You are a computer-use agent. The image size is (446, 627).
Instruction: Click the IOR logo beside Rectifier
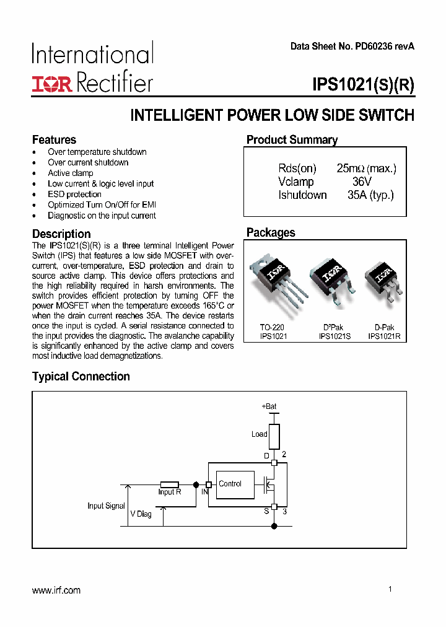coord(52,84)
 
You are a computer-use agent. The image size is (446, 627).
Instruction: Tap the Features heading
coord(54,139)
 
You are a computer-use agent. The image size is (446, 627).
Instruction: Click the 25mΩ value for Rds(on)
coord(351,168)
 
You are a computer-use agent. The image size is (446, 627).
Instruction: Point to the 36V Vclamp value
coord(361,182)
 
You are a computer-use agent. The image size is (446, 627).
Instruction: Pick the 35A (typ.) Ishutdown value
coord(370,195)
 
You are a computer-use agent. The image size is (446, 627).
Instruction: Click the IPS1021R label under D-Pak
coord(384,336)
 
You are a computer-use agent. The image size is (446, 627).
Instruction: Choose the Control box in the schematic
coord(236,484)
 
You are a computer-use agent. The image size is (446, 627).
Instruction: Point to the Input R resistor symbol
coord(169,484)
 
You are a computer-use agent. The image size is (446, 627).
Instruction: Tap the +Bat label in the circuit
coord(269,406)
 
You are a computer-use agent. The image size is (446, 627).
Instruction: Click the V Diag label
coord(141,514)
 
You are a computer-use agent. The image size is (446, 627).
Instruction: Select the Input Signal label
coord(106,506)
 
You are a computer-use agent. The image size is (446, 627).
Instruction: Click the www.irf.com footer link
coord(56,590)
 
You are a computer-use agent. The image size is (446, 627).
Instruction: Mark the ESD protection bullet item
coord(74,195)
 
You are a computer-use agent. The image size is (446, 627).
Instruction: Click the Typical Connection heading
coord(81,377)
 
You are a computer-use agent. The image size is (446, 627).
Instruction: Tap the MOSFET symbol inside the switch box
coord(269,484)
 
